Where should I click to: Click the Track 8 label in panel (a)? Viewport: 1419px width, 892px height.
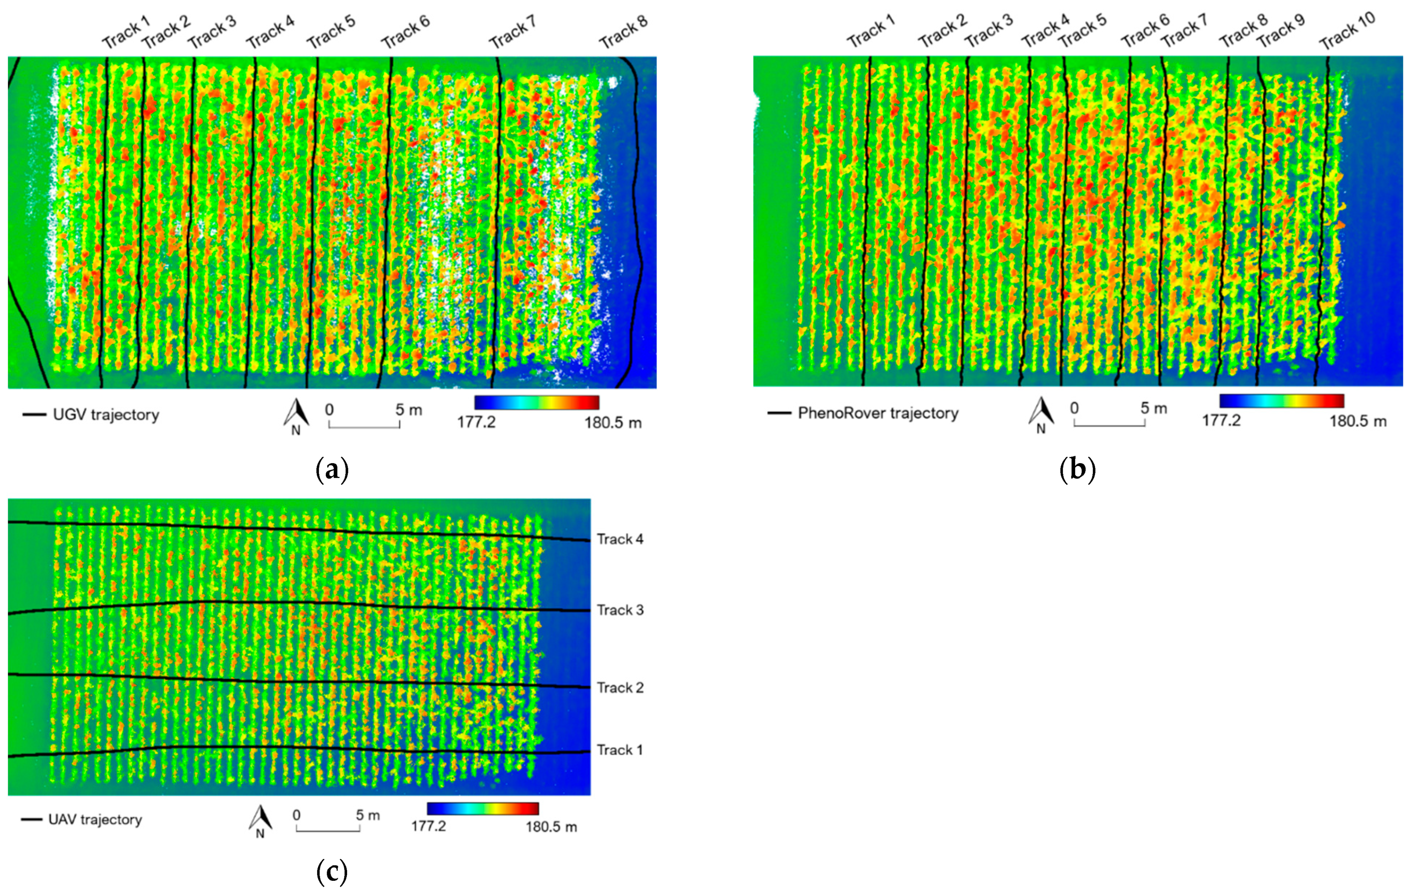pyautogui.click(x=623, y=32)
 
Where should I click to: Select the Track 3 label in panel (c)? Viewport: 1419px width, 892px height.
pyautogui.click(x=620, y=610)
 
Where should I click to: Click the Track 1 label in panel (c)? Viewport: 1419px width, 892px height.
pyautogui.click(x=619, y=750)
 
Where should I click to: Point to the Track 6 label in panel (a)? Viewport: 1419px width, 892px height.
pyautogui.click(x=405, y=32)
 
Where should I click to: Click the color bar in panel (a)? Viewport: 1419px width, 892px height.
pyautogui.click(x=536, y=403)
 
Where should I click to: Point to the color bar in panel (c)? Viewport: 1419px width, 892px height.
pyautogui.click(x=483, y=808)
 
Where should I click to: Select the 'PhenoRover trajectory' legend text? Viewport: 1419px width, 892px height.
pyautogui.click(x=878, y=413)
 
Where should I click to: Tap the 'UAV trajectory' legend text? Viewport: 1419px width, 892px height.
pyautogui.click(x=95, y=819)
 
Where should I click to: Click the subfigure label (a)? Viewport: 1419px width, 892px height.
pyautogui.click(x=332, y=470)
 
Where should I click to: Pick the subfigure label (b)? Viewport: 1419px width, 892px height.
pyautogui.click(x=1077, y=470)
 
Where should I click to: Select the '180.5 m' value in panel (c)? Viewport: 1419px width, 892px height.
pyautogui.click(x=551, y=827)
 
